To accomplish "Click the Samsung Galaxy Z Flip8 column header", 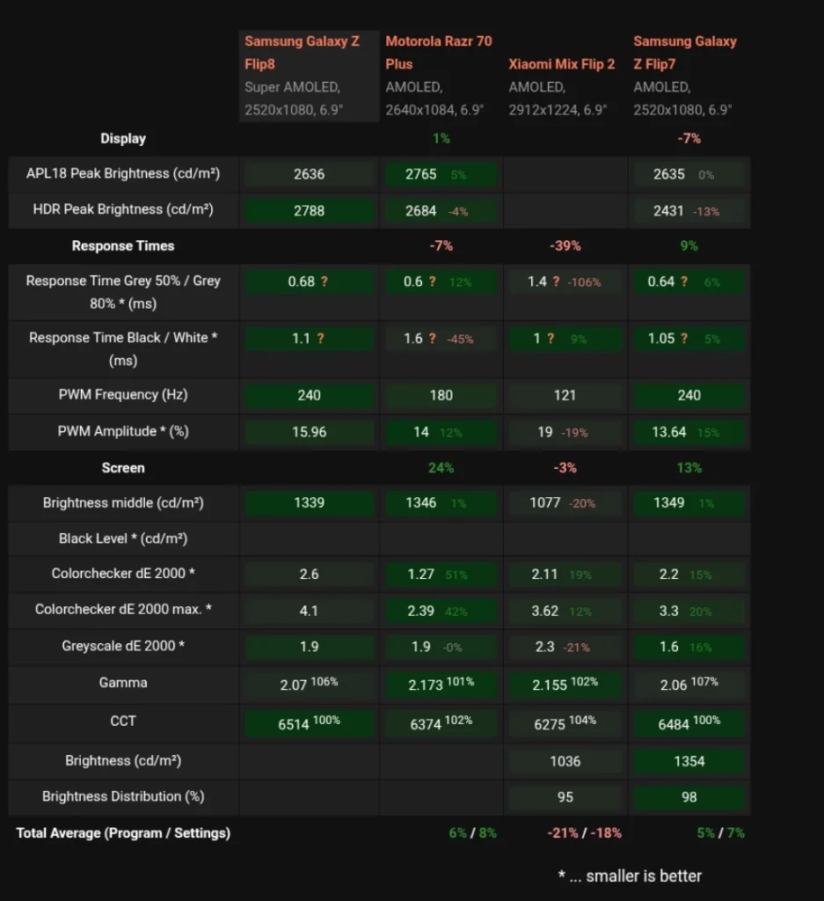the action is point(302,52).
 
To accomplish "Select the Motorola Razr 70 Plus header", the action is point(439,52).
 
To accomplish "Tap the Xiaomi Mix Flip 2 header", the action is point(562,63).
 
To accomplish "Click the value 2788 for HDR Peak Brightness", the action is point(309,211).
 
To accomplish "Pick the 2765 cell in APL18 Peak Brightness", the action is point(421,174).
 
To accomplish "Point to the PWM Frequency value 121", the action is point(565,395).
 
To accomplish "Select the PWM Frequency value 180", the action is point(441,395).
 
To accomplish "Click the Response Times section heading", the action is point(123,246).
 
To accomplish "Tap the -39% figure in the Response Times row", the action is point(565,246).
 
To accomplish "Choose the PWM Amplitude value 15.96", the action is point(309,432).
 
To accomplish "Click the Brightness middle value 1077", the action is point(545,502).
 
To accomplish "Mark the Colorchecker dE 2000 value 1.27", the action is point(421,574).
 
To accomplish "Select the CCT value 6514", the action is point(294,725).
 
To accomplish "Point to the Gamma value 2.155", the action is point(550,685).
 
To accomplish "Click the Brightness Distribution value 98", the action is point(689,797).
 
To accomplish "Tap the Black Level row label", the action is point(123,538).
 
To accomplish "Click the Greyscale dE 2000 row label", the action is point(123,646).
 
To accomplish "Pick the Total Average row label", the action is point(123,833).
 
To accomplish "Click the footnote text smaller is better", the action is point(644,875).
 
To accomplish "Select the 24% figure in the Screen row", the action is point(441,468).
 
